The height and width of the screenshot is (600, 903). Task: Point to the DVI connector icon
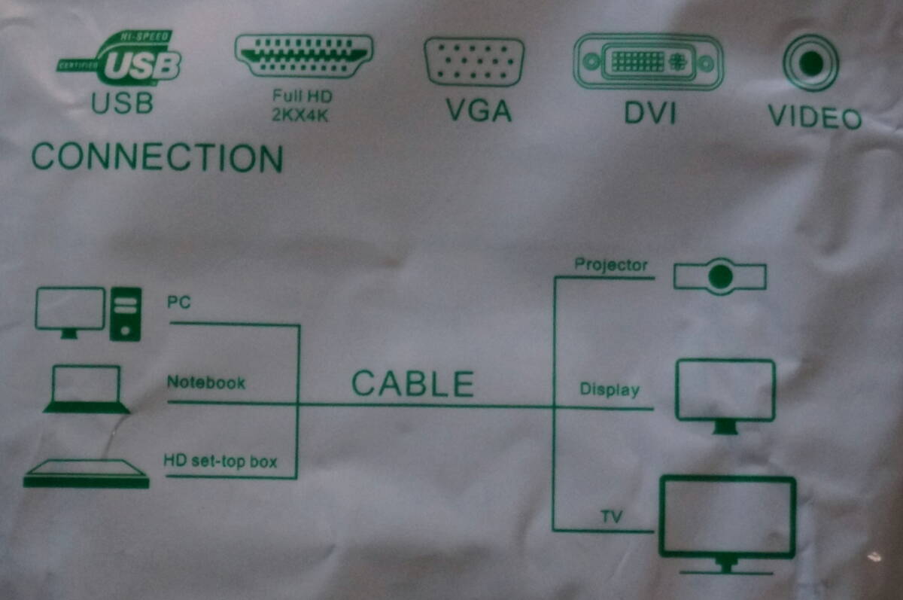point(648,62)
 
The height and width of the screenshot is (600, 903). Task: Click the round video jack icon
point(810,63)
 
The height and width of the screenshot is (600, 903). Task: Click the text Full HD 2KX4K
point(302,105)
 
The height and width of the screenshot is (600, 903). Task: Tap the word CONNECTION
point(157,158)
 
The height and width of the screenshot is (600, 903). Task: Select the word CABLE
point(412,384)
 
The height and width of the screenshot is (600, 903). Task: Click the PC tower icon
point(126,314)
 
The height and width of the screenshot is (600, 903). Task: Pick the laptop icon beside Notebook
point(86,389)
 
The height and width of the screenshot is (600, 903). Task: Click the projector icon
point(719,277)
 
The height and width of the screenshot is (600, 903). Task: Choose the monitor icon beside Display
point(725,395)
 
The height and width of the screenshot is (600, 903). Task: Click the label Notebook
point(205,382)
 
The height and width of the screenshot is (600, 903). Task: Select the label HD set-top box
point(220,461)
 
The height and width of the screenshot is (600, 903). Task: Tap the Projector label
point(610,265)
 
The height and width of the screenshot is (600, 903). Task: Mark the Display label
point(609,390)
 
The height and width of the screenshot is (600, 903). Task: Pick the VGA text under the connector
point(479,111)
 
